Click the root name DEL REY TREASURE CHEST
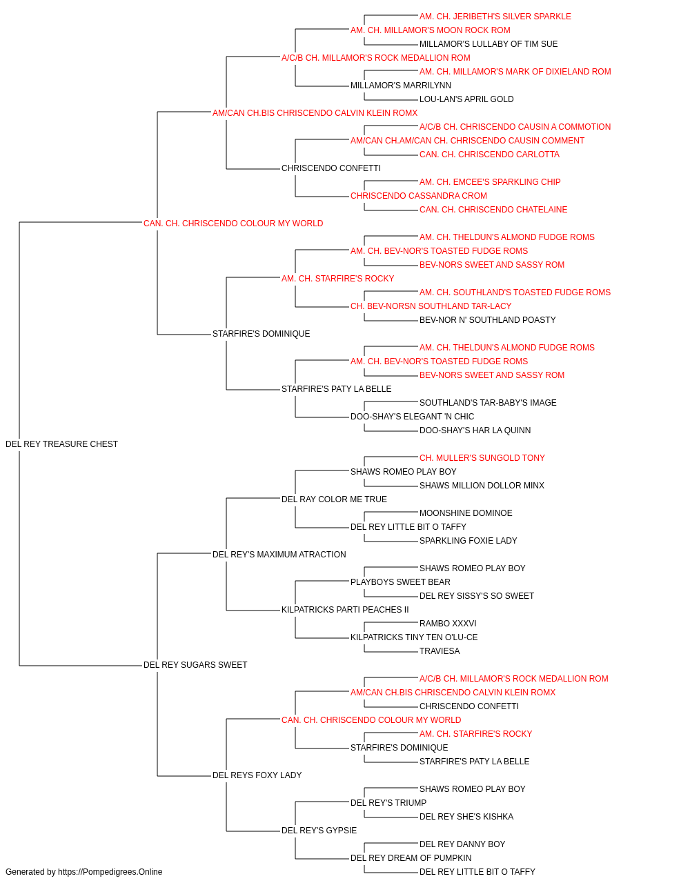61,444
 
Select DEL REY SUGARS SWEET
195,665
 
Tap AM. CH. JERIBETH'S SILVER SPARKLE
495,17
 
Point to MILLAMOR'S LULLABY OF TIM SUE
489,44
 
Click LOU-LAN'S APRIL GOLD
466,99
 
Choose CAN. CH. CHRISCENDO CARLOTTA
489,155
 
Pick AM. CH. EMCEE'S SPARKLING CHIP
490,182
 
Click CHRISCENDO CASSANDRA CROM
419,196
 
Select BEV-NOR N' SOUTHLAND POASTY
487,320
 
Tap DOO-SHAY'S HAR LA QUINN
475,430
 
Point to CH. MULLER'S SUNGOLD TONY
482,458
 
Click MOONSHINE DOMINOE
466,513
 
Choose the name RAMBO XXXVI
448,624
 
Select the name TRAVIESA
440,651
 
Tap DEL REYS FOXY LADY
257,775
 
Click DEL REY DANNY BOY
462,844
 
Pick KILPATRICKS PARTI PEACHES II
345,610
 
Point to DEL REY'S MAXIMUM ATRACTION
279,555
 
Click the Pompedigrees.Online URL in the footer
110,872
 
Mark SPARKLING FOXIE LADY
468,541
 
